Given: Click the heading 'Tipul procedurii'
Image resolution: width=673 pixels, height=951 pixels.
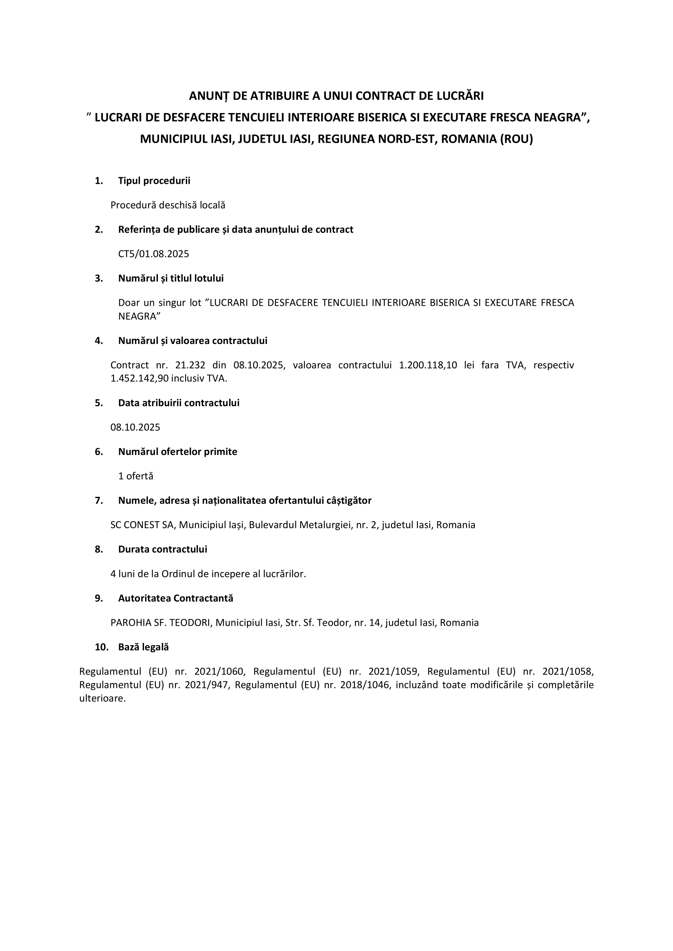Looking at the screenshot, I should [x=154, y=181].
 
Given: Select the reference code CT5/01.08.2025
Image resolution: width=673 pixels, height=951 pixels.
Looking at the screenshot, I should [x=153, y=253].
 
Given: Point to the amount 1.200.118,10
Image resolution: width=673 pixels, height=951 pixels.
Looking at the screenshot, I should [x=428, y=365].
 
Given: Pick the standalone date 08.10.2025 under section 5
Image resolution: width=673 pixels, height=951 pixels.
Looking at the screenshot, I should [x=135, y=427].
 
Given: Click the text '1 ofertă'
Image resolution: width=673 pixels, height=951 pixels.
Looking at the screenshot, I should [x=135, y=476].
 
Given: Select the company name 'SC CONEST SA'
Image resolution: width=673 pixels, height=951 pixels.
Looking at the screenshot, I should [x=143, y=525].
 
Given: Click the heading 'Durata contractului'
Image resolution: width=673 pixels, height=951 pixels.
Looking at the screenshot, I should [x=162, y=549].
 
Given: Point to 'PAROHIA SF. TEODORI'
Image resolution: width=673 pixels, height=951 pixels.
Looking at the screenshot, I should [x=160, y=622].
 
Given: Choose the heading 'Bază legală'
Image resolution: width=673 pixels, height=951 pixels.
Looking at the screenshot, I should [x=143, y=647].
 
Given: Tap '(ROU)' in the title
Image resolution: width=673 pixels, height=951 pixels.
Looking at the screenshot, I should [x=516, y=139].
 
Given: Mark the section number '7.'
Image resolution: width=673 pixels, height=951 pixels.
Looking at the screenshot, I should [x=98, y=501].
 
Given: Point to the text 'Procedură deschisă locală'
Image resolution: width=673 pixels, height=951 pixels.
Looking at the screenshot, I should [x=168, y=205].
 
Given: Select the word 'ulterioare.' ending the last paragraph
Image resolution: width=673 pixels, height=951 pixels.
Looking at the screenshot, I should [x=103, y=699].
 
